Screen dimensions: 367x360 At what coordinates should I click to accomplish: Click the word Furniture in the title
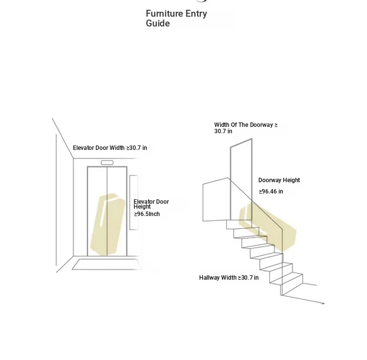pos(164,14)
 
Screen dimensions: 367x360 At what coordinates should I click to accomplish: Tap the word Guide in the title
pos(158,24)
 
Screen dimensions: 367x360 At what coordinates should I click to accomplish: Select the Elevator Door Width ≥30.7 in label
pos(110,148)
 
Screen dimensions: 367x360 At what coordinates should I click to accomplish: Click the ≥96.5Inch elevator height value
pos(147,214)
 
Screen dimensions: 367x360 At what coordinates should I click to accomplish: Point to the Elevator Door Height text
pos(151,204)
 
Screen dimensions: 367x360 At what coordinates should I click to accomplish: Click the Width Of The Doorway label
pos(246,128)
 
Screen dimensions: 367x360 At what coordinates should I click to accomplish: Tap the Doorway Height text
pos(279,180)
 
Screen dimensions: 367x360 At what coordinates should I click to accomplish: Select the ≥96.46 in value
pos(271,192)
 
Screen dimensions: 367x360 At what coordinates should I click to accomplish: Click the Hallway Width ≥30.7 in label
pos(229,278)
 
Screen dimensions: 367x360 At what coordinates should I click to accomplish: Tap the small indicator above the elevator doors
pos(107,163)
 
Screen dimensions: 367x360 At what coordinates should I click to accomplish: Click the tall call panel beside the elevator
pos(134,202)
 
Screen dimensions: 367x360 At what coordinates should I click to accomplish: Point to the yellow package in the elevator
pos(108,224)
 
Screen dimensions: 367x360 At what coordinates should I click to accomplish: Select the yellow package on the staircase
pos(268,226)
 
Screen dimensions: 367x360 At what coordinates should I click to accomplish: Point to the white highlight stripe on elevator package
pos(103,214)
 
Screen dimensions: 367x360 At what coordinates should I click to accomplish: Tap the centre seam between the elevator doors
pos(107,211)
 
